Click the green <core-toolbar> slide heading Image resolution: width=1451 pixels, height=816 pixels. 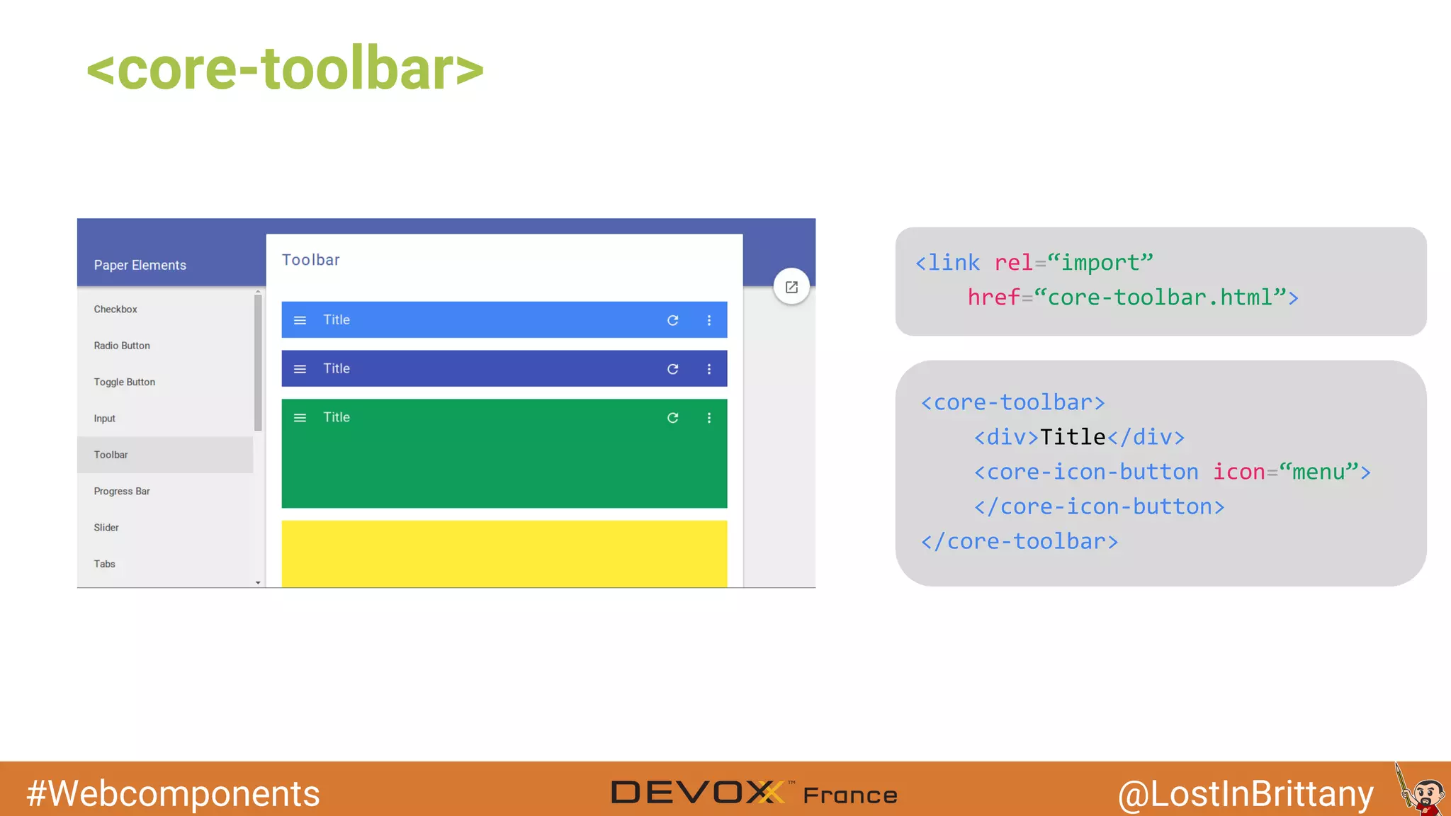[285, 69]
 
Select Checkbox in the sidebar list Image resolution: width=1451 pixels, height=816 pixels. [115, 310]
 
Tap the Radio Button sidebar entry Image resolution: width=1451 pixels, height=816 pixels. [122, 346]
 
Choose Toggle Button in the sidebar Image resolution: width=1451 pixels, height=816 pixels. [125, 382]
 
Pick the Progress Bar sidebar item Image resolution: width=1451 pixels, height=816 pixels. [122, 491]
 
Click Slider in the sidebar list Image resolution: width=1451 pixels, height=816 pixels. [106, 528]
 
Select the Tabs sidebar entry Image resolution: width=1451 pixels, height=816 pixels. [105, 564]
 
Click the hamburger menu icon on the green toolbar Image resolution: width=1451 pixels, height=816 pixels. [300, 418]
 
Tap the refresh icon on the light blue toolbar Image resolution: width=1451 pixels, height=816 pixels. [672, 320]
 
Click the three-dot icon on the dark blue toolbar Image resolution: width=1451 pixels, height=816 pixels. [708, 369]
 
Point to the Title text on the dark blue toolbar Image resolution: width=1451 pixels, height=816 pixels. [337, 368]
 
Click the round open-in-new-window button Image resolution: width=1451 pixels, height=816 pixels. [791, 287]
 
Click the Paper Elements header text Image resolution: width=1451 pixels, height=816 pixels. [140, 265]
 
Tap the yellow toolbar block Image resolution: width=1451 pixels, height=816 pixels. [504, 553]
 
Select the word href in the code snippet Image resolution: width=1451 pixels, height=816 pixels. [993, 297]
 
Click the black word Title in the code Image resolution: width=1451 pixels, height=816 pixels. [1073, 437]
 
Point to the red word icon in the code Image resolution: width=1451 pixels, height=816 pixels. [1238, 472]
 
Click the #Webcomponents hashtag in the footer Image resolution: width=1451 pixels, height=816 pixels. [174, 793]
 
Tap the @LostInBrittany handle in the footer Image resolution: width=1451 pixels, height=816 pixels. [1246, 793]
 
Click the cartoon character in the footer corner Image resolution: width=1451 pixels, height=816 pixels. [1423, 793]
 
